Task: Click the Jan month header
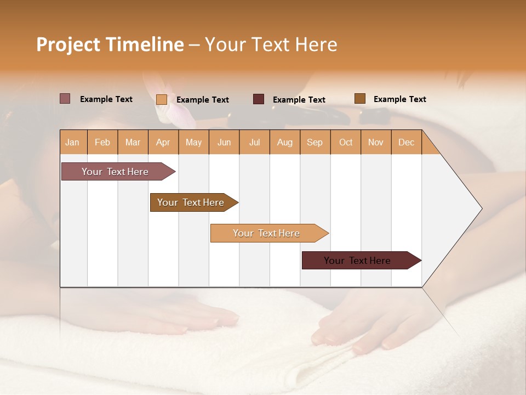(73, 142)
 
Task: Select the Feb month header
(102, 142)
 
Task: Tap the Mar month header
(133, 142)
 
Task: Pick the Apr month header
(163, 142)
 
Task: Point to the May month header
(193, 142)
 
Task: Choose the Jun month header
(224, 142)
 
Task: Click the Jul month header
(254, 142)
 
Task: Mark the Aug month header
(285, 142)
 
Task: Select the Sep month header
(315, 142)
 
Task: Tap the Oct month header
(346, 142)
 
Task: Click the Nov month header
(376, 142)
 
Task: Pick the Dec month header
(407, 142)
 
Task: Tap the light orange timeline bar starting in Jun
(267, 233)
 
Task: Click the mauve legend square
(65, 99)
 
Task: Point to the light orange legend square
(162, 99)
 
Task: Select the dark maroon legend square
(259, 99)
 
